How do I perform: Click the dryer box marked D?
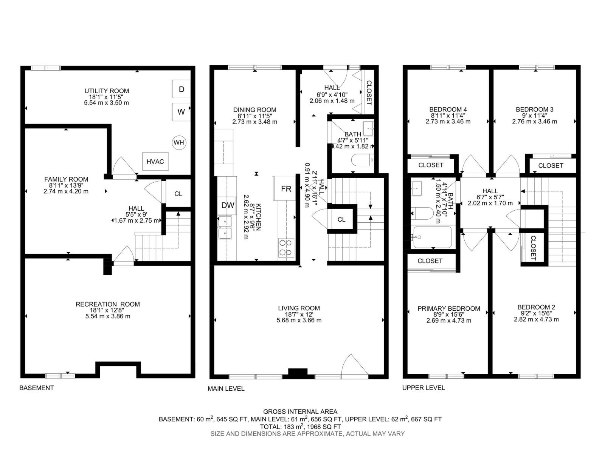[181, 89]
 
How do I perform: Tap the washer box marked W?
[181, 112]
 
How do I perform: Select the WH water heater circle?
[179, 142]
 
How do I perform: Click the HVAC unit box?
[155, 162]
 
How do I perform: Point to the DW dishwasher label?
[228, 205]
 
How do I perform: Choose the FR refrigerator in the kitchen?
[286, 188]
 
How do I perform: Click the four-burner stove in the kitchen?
[286, 248]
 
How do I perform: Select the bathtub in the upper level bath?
[432, 237]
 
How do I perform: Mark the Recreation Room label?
[108, 304]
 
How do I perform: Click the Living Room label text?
[299, 308]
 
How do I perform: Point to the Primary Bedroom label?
[448, 308]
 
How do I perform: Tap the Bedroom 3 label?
[534, 109]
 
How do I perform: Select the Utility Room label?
[107, 91]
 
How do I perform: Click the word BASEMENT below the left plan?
[37, 388]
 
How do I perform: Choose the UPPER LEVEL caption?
[423, 388]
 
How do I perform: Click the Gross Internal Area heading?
[300, 411]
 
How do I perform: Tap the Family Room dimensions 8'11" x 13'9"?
[66, 185]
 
